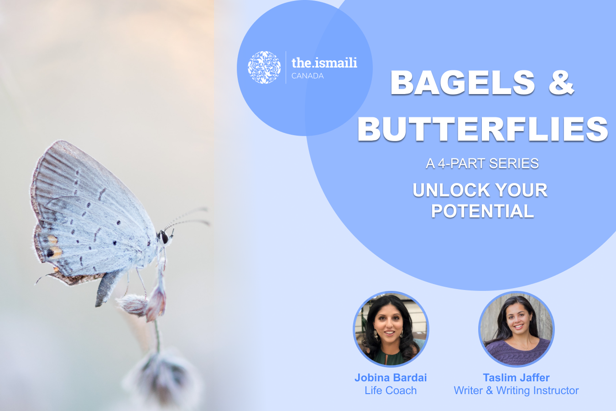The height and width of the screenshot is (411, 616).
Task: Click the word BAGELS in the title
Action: pos(463,83)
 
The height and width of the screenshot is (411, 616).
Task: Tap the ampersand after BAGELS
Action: pos(561,83)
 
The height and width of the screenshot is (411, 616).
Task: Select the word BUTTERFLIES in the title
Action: pos(483,129)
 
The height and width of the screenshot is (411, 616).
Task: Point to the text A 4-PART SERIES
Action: pos(482,163)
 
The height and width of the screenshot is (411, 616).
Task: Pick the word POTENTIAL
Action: pos(482,211)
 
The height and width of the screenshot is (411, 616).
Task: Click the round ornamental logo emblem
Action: pos(264,67)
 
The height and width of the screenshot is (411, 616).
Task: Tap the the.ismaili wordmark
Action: pos(324,63)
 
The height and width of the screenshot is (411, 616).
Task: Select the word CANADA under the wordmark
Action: pos(308,76)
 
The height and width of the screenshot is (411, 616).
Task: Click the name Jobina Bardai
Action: pos(391,377)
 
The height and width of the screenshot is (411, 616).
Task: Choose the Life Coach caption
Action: pos(391,390)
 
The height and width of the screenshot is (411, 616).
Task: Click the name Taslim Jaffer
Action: pos(516,377)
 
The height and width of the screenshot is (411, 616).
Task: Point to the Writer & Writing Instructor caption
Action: pos(516,390)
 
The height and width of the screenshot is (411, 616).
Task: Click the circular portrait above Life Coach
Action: pos(391,329)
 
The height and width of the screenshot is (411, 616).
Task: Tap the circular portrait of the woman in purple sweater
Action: pos(517,329)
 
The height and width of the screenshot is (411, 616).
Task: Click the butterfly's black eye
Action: pos(164,237)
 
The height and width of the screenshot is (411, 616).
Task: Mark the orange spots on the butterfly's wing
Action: pos(54,247)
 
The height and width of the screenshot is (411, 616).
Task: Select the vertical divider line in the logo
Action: pos(286,67)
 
